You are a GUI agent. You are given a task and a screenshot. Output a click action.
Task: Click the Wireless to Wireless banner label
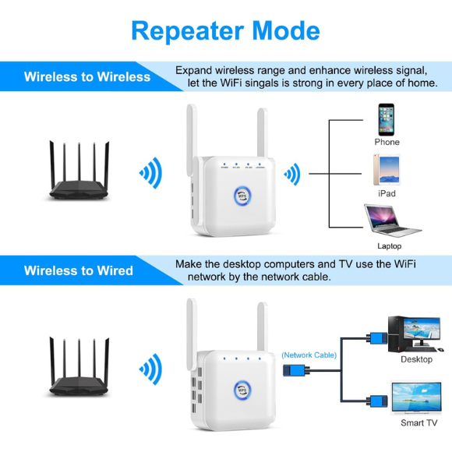pos(87,76)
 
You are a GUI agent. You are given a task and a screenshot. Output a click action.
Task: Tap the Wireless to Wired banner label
pos(78,270)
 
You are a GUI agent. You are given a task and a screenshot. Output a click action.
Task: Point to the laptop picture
pos(391,221)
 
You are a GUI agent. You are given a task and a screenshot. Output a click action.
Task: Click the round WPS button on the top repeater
pos(243,193)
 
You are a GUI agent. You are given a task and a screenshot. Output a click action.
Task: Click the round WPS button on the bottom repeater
pos(243,387)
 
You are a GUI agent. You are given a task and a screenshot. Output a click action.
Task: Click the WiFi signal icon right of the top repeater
pos(292,173)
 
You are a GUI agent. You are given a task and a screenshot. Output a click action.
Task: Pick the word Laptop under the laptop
pos(389,246)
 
